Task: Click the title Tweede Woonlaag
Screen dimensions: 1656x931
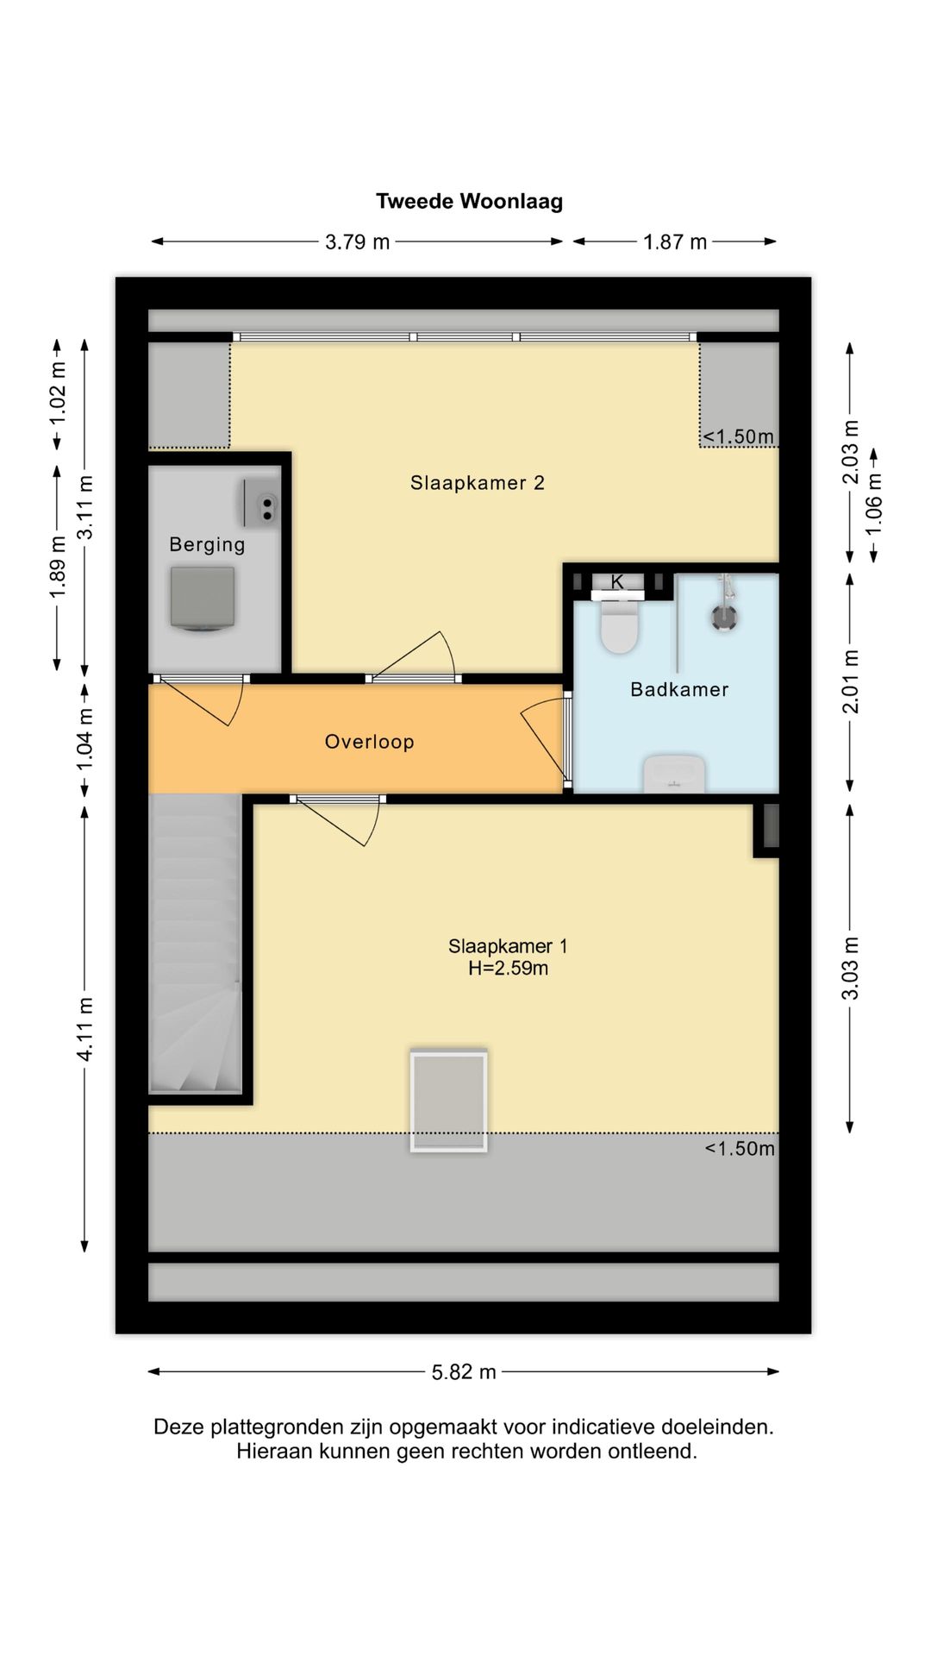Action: (x=469, y=201)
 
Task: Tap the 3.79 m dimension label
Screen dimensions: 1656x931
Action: (x=357, y=242)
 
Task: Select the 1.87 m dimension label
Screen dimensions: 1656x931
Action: (x=674, y=242)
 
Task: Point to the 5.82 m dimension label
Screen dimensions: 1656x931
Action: (x=464, y=1372)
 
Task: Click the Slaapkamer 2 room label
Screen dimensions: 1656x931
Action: (x=477, y=483)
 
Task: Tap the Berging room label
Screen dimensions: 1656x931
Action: (x=207, y=544)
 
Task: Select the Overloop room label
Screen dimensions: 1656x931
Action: (x=369, y=742)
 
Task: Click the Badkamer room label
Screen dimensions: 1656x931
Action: (x=679, y=689)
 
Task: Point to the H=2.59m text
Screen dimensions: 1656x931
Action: (x=508, y=969)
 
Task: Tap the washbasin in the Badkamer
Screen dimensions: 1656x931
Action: (x=674, y=774)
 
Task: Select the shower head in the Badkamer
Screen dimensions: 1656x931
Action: (x=724, y=616)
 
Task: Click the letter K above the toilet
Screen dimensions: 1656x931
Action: (x=617, y=582)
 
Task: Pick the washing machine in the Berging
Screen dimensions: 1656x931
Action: (x=203, y=599)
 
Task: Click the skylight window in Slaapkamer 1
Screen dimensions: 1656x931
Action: (x=448, y=1100)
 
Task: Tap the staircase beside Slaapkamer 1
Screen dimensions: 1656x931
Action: (x=195, y=944)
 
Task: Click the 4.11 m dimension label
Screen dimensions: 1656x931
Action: (x=84, y=1029)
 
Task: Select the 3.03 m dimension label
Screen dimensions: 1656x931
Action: (x=850, y=968)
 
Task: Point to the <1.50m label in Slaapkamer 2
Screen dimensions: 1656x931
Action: (x=738, y=437)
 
